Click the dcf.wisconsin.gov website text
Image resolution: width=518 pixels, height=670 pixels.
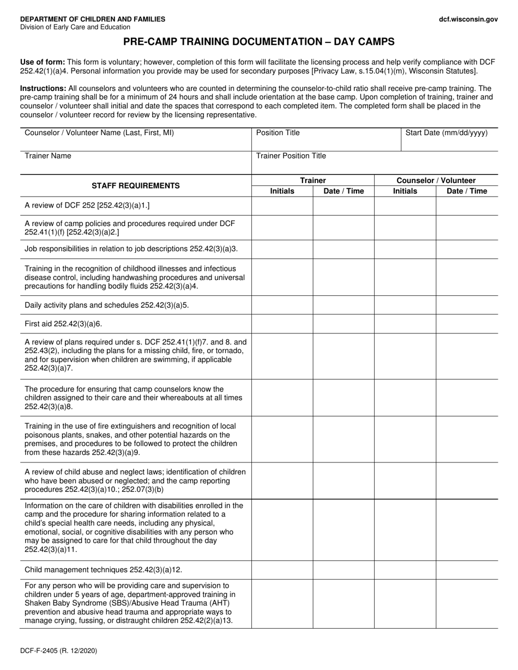[x=468, y=19]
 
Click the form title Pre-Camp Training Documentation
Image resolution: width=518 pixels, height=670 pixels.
[x=258, y=41]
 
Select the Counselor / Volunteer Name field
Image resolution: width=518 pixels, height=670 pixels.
[x=135, y=139]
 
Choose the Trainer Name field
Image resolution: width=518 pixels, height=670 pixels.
[x=135, y=162]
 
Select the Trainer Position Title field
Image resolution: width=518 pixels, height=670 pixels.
[x=375, y=162]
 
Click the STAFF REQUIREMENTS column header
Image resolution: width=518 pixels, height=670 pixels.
[x=136, y=186]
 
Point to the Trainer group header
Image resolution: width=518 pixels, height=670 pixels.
[x=312, y=180]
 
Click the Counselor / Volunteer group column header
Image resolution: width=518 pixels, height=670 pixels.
[x=436, y=180]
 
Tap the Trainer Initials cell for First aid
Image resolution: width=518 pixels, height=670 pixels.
[x=282, y=324]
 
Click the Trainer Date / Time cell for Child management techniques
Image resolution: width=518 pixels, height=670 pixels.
[x=344, y=570]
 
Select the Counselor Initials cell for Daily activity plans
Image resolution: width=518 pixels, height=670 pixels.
[x=405, y=305]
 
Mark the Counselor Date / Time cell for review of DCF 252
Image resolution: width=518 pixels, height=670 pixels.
[x=467, y=206]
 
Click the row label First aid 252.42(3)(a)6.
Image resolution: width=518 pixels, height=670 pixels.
[x=64, y=324]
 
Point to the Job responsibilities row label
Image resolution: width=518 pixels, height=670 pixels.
[x=131, y=249]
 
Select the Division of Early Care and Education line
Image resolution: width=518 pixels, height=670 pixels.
[x=75, y=27]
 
